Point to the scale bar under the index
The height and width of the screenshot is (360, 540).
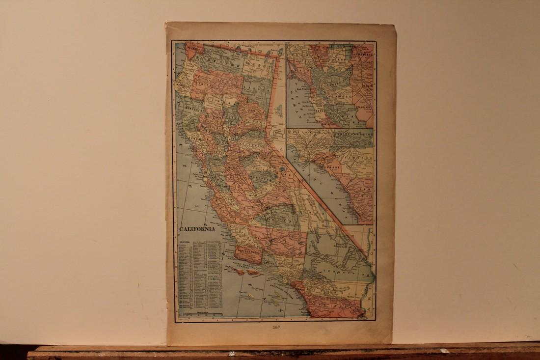click(201, 313)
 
